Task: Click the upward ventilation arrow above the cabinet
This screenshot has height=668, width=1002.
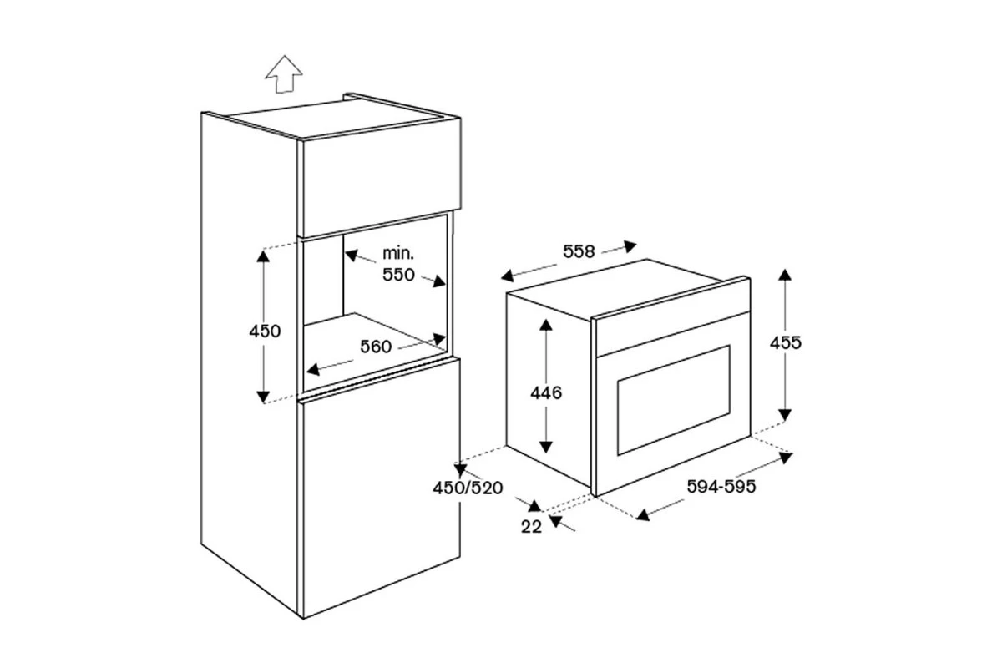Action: point(284,75)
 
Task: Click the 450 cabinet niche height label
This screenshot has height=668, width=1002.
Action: point(265,331)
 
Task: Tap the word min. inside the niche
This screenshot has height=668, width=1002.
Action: point(398,254)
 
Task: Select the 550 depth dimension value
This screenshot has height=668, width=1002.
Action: point(398,274)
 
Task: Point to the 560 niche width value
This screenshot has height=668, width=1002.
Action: point(376,347)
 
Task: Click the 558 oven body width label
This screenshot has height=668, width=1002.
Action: point(579,251)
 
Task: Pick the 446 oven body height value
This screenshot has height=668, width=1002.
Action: point(546,392)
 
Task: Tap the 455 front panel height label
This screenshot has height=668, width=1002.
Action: point(786,342)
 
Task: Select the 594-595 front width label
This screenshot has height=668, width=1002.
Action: point(721,486)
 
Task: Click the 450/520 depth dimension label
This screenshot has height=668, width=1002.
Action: point(468,488)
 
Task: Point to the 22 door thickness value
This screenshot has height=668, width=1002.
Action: point(531,527)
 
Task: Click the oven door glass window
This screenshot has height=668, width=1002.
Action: point(674,400)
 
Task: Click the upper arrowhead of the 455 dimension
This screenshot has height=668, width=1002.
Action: point(785,274)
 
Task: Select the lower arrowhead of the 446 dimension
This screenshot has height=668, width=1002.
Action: point(546,447)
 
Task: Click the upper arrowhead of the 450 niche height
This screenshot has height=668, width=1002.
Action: point(263,256)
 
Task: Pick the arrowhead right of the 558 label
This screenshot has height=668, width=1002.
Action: point(630,245)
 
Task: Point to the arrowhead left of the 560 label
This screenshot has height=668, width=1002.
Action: point(313,369)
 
